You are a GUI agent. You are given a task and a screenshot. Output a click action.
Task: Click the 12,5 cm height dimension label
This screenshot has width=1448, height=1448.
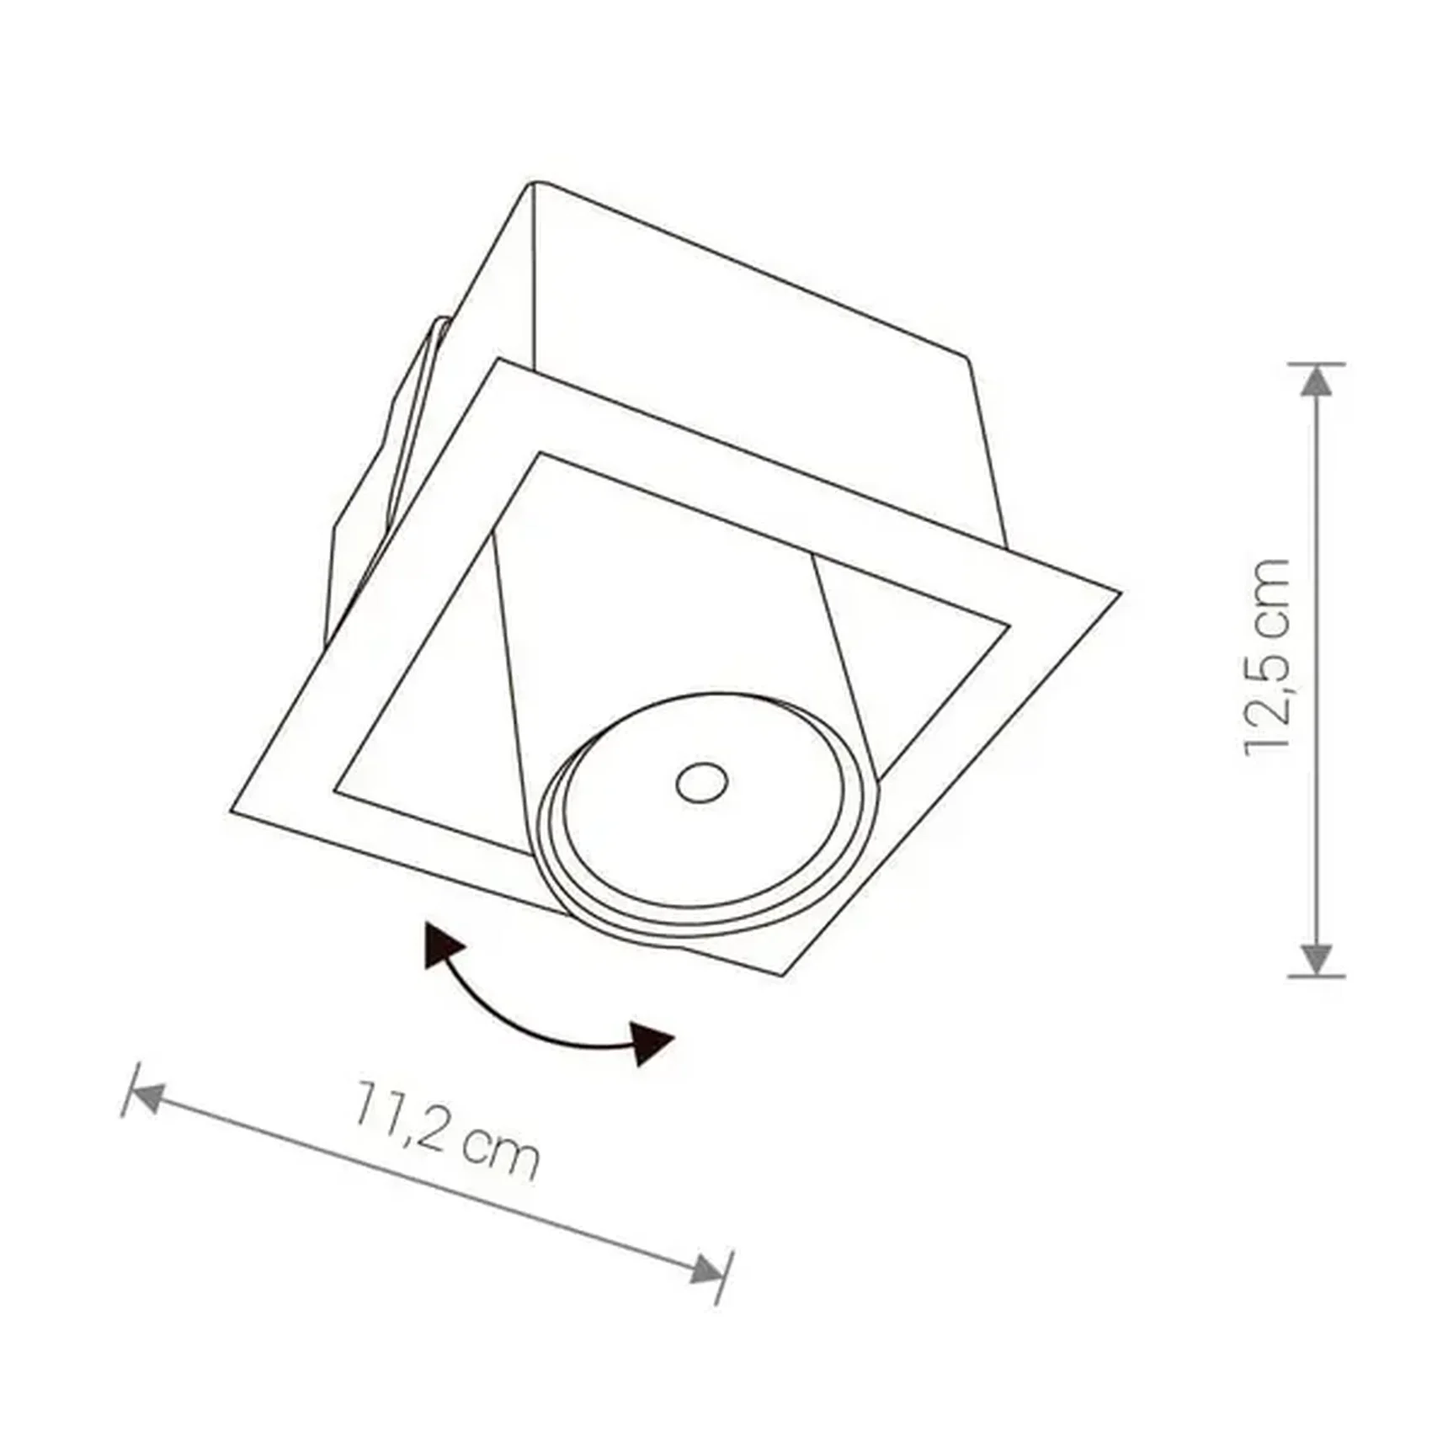[x=1268, y=657]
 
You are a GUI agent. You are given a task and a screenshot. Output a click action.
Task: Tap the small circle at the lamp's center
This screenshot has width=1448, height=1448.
[x=702, y=784]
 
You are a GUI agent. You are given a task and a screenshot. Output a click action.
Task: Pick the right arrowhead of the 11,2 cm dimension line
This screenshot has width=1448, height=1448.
[x=705, y=1269]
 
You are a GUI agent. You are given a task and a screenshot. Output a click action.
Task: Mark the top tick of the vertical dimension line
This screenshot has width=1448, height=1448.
[x=1316, y=364]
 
